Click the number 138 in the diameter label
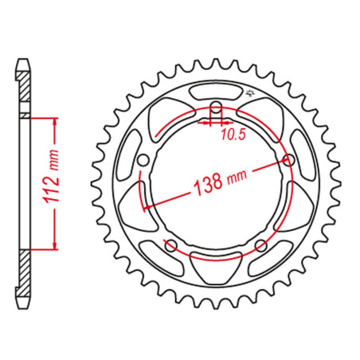click(208, 183)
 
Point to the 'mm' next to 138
click(237, 177)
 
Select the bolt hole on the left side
click(143, 160)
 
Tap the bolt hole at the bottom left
click(171, 245)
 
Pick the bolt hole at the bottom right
click(261, 245)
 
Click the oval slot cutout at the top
click(216, 92)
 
